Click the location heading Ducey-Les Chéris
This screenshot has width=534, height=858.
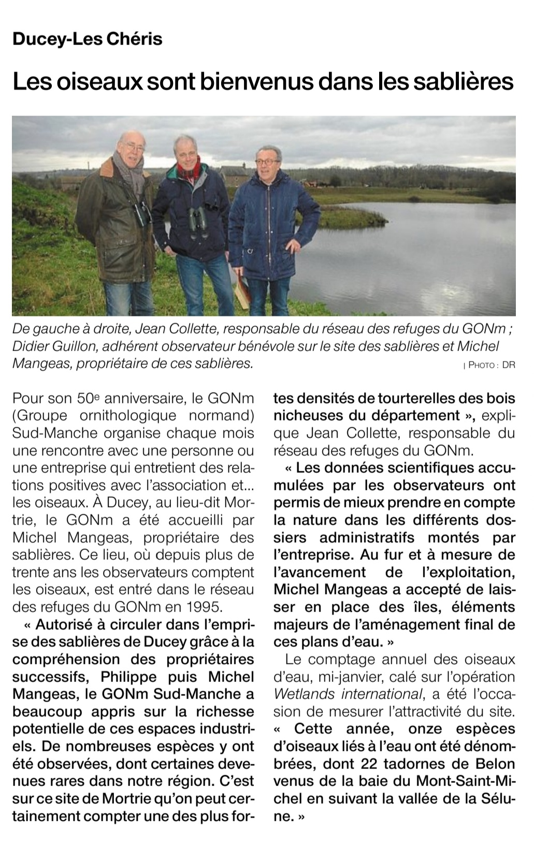pos(87,39)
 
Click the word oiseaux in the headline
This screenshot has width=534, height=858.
pos(95,81)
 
